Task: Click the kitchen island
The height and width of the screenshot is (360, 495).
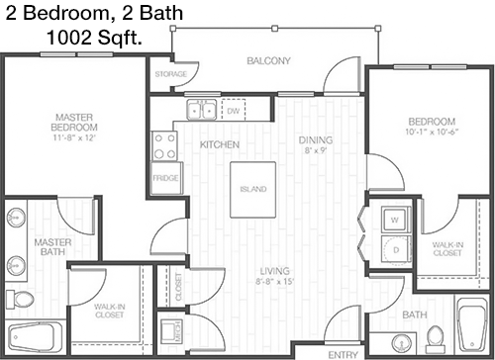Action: click(252, 190)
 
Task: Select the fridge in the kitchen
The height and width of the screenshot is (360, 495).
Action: click(166, 178)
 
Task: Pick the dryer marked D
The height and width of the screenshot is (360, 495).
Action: click(396, 250)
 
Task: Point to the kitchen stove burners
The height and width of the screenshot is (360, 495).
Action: click(164, 146)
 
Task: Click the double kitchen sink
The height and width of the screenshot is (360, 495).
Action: click(201, 110)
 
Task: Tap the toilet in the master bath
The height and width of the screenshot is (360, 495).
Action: click(20, 300)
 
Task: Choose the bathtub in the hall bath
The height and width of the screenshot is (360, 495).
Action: click(472, 325)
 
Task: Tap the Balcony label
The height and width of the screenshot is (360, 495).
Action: click(268, 60)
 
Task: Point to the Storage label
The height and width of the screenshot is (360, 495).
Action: click(171, 74)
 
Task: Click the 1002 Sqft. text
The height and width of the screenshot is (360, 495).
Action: click(94, 38)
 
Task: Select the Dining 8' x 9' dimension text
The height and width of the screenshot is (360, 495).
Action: click(316, 150)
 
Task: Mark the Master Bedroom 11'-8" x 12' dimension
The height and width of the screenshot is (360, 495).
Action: click(74, 137)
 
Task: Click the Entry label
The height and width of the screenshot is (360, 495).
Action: click(344, 355)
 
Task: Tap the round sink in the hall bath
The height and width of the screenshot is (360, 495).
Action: click(401, 343)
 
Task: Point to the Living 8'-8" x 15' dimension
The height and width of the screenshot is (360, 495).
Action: click(275, 282)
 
